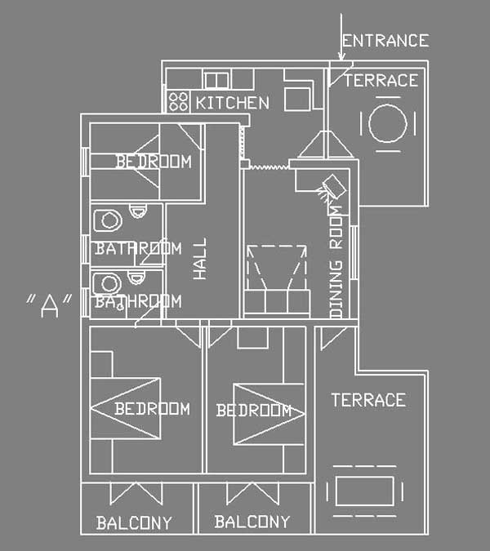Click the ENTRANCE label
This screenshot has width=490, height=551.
tap(385, 41)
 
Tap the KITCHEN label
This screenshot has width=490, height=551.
tap(233, 103)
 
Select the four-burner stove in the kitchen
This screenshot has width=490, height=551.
tap(178, 101)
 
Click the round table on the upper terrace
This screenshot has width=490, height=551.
tap(388, 123)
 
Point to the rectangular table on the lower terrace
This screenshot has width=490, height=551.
tap(364, 491)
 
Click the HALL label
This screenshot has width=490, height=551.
tap(200, 259)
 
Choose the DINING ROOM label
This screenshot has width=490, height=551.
tap(336, 262)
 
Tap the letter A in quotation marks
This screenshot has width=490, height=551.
tap(49, 306)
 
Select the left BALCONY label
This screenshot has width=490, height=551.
tap(134, 522)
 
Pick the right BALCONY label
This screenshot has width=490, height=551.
tap(252, 522)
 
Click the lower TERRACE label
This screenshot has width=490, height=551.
tap(368, 400)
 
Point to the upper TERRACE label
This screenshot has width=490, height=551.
tap(381, 81)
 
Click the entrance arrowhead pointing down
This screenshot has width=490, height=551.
tap(341, 56)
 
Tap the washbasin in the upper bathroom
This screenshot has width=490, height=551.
tap(108, 220)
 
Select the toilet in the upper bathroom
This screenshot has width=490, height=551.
tap(138, 211)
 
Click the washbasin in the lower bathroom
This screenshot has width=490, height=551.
tap(107, 283)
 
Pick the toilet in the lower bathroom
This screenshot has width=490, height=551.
tap(136, 278)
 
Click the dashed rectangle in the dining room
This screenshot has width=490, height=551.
tap(277, 247)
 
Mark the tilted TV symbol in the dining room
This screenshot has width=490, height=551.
tap(333, 186)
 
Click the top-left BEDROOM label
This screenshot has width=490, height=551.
tap(154, 162)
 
